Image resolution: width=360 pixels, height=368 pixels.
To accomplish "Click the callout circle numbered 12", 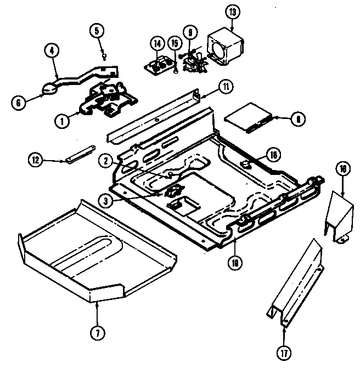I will click(x=36, y=161).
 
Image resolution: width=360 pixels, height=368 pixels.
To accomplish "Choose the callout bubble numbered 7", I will click(x=97, y=332).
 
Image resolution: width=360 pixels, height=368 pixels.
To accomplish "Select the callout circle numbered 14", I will click(x=157, y=43).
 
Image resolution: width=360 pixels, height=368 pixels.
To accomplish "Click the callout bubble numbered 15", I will click(x=175, y=43).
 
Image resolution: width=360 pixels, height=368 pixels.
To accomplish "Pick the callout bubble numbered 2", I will click(x=106, y=161).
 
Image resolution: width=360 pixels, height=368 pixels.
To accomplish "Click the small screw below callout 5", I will click(x=104, y=55).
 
